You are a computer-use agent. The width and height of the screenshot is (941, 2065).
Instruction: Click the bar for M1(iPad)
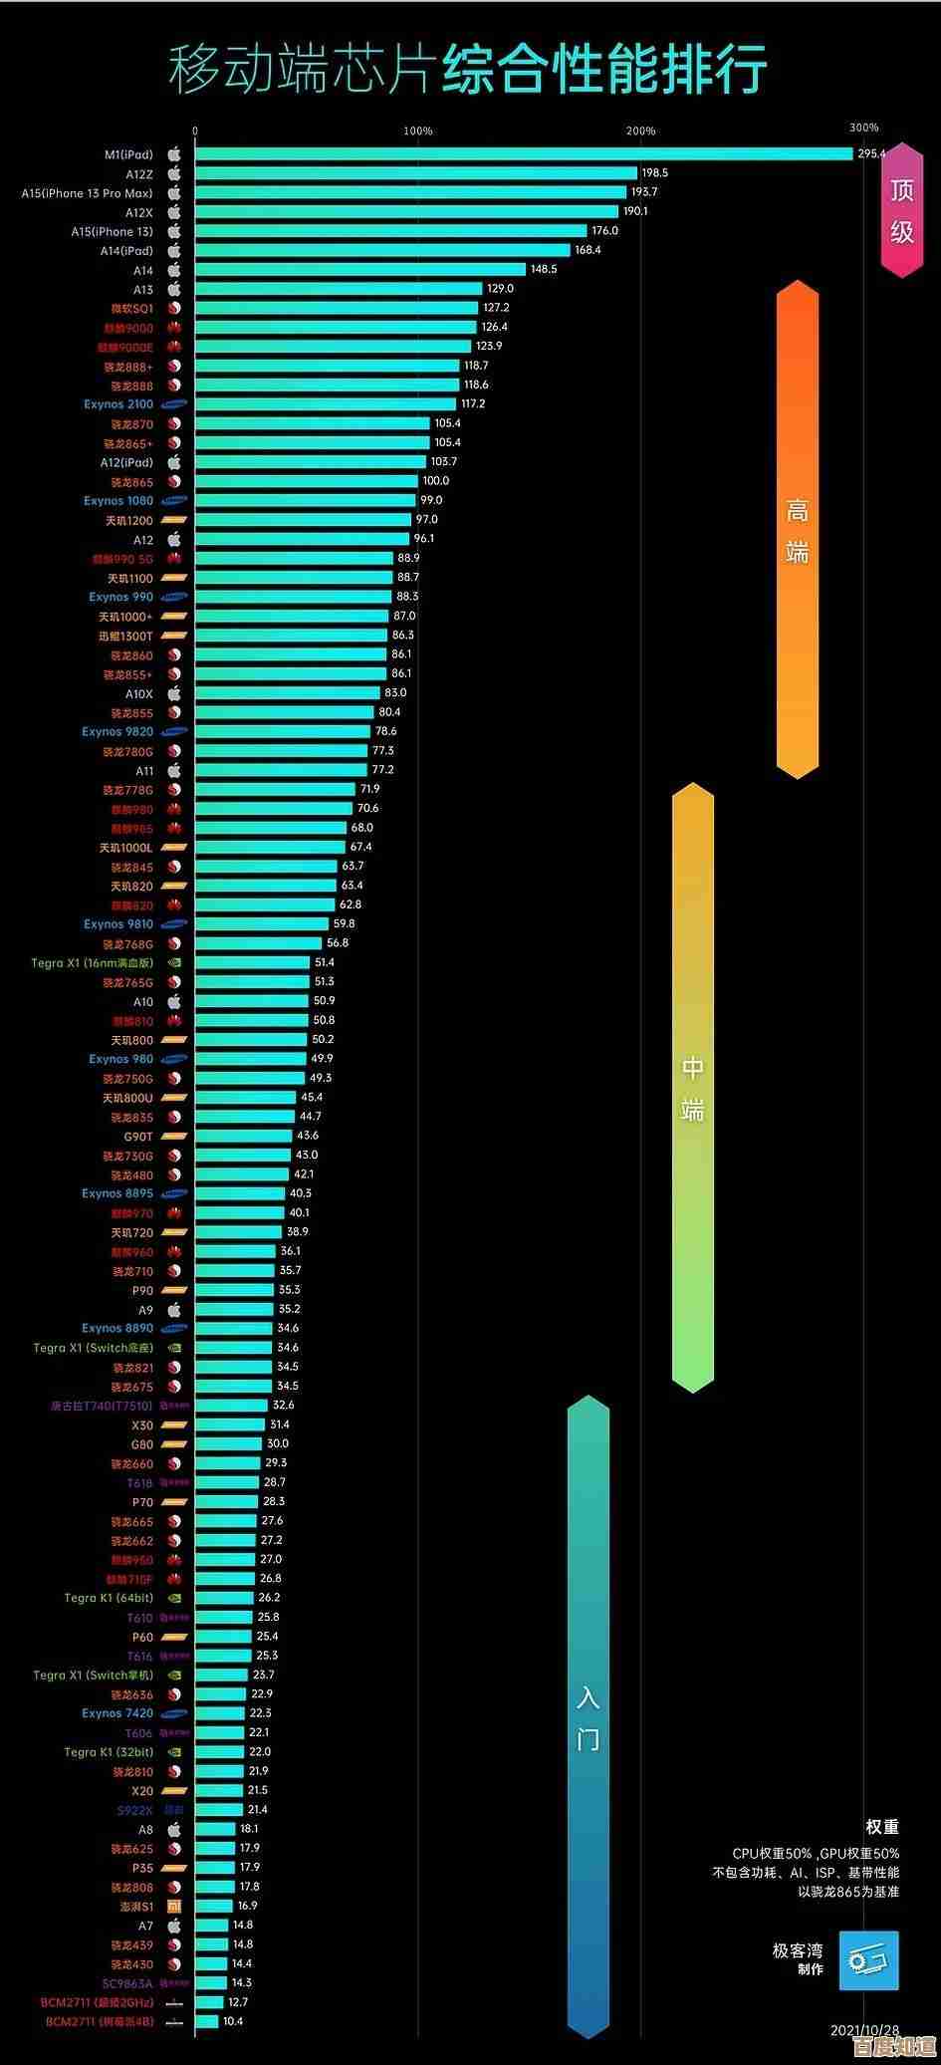click(x=524, y=153)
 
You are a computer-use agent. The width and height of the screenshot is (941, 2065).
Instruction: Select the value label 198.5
click(x=655, y=173)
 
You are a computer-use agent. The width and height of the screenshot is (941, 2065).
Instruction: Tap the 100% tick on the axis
click(x=418, y=130)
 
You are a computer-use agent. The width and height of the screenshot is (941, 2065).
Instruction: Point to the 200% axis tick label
click(x=641, y=130)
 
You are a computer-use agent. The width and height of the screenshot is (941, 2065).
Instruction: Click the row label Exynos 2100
click(x=118, y=404)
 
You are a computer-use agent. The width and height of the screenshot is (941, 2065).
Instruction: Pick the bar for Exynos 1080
click(x=305, y=500)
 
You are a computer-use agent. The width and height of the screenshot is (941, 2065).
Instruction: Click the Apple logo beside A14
click(x=174, y=270)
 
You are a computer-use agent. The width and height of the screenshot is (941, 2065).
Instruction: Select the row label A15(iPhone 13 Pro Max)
click(x=88, y=193)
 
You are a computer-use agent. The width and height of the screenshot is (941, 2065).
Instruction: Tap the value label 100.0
click(x=436, y=481)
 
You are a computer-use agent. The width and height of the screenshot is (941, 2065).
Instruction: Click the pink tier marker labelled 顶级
click(x=902, y=210)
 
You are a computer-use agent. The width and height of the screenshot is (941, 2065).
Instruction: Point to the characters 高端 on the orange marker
click(x=797, y=531)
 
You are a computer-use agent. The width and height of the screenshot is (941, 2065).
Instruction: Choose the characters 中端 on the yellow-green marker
click(x=693, y=1088)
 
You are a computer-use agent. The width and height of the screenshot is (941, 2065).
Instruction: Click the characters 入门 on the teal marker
click(x=588, y=1718)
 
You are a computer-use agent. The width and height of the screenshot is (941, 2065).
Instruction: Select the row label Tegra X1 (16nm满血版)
click(x=93, y=963)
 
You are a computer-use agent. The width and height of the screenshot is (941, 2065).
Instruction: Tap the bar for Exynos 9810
click(x=261, y=923)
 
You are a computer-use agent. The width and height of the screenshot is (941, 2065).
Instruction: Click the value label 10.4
click(x=233, y=2021)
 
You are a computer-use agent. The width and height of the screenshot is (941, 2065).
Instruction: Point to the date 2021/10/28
click(x=864, y=2029)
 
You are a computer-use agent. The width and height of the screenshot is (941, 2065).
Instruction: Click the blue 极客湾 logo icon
click(x=868, y=1960)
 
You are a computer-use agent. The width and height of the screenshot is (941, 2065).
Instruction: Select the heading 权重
click(x=882, y=1826)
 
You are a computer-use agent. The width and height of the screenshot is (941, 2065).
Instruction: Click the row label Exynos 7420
click(x=118, y=1713)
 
